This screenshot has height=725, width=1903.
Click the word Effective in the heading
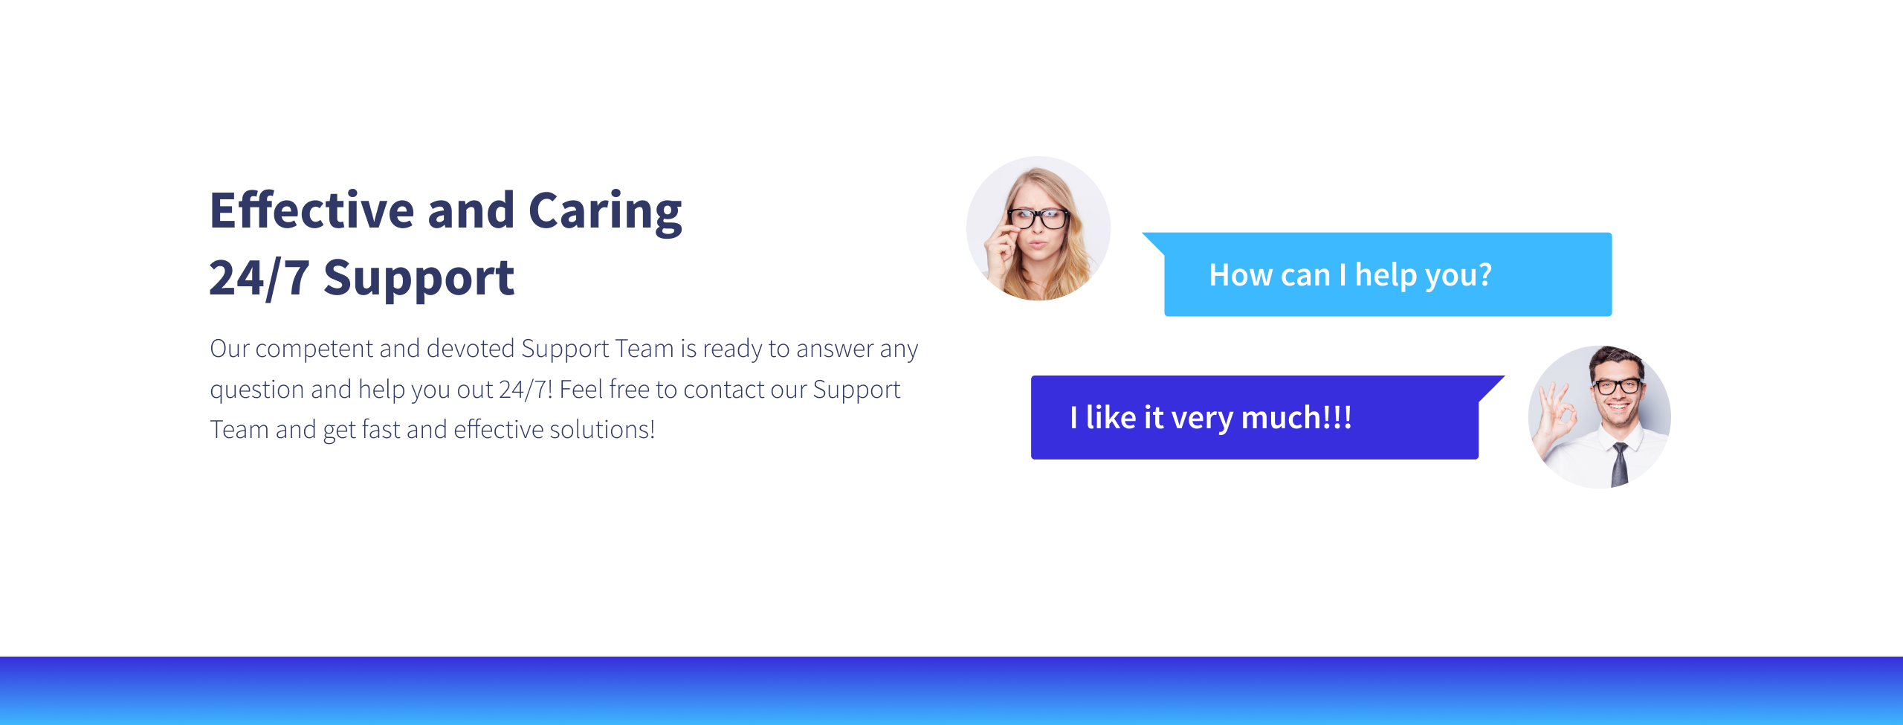click(x=311, y=210)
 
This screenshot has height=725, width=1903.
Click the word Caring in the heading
click(x=605, y=212)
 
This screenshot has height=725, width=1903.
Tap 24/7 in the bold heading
click(x=259, y=278)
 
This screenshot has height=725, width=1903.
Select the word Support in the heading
click(x=419, y=279)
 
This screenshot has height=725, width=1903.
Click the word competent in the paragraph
click(x=314, y=349)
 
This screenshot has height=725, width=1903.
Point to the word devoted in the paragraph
click(x=470, y=348)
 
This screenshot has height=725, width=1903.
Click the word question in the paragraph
click(x=257, y=390)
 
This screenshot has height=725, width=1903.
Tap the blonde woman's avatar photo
click(x=1038, y=228)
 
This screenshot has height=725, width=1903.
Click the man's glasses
click(x=1618, y=386)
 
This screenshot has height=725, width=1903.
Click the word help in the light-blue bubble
click(x=1386, y=275)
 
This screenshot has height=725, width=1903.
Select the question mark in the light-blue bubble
click(x=1484, y=274)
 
